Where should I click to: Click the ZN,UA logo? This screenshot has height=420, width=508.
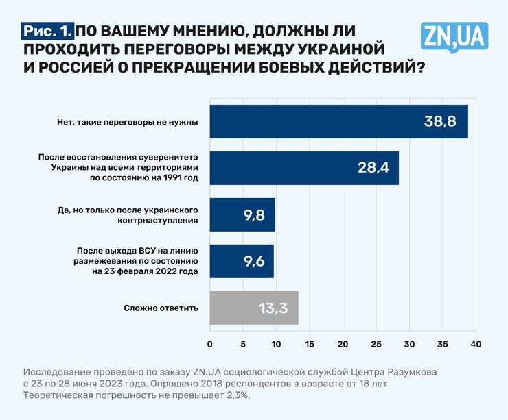click(x=454, y=36)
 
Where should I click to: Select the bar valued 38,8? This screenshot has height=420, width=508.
click(x=338, y=122)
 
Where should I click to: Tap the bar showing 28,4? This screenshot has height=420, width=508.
click(x=303, y=168)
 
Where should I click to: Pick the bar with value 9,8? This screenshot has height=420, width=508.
click(x=242, y=214)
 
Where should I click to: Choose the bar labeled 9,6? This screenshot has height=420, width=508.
click(x=241, y=261)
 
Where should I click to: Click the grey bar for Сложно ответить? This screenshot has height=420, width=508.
click(x=253, y=308)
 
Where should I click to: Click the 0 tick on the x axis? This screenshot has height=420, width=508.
click(x=209, y=343)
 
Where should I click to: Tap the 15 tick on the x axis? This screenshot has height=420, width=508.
click(x=310, y=343)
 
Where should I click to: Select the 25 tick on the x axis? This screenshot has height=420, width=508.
click(x=376, y=343)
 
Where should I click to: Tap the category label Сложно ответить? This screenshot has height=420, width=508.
click(x=161, y=308)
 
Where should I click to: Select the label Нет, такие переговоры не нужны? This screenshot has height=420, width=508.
click(x=128, y=123)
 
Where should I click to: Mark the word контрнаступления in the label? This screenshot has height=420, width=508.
click(x=159, y=221)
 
